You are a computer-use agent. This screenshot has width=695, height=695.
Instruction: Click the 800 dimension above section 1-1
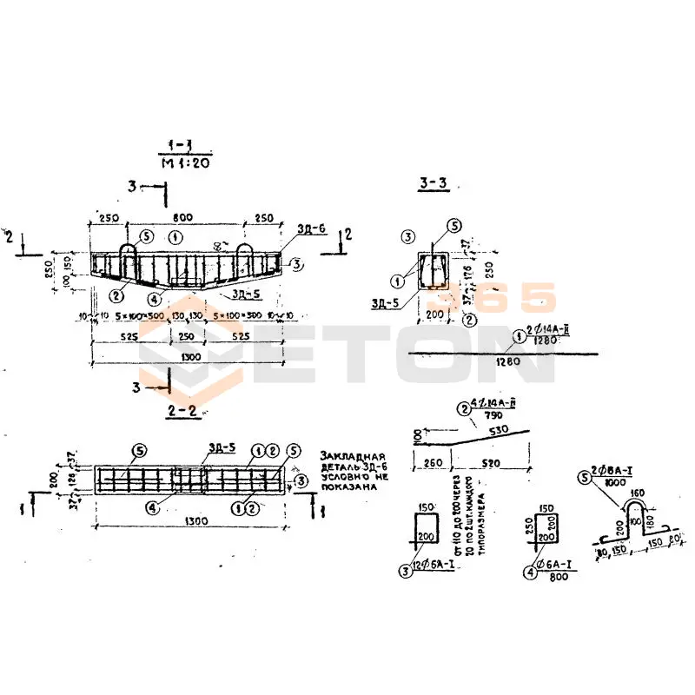pos(182,217)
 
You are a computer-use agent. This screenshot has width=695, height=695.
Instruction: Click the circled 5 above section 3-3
pos(453,225)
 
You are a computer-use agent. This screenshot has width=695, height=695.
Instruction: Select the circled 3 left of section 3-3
pos(407,236)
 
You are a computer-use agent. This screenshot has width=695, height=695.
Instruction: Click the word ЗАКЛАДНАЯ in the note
pos(351,456)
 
